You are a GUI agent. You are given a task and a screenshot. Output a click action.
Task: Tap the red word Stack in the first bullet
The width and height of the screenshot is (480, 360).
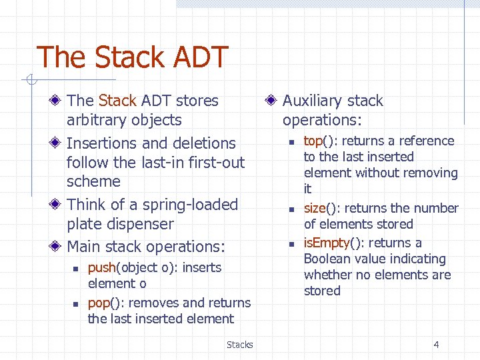click(x=117, y=101)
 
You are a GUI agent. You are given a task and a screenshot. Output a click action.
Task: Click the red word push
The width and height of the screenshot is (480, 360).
click(x=102, y=267)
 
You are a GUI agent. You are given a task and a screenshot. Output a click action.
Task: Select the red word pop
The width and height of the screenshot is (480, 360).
click(x=98, y=303)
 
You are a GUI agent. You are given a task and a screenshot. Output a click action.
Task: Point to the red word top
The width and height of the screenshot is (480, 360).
click(x=313, y=141)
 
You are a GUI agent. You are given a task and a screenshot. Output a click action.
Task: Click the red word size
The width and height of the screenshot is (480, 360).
click(x=315, y=208)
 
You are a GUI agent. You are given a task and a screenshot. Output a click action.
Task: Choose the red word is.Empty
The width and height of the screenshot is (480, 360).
click(x=327, y=243)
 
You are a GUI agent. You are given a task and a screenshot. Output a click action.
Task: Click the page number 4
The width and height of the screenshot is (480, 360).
click(x=436, y=345)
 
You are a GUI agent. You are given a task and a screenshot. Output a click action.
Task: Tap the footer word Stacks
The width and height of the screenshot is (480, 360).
click(x=239, y=345)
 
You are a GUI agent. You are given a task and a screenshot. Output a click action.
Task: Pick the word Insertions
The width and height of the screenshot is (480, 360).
click(x=103, y=143)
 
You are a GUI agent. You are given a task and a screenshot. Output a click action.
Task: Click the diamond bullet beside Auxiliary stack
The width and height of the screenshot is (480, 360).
click(x=271, y=101)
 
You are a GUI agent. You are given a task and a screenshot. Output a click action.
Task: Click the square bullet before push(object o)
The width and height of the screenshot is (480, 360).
click(x=75, y=268)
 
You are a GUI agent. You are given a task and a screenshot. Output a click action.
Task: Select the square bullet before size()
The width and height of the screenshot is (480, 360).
click(x=291, y=209)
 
